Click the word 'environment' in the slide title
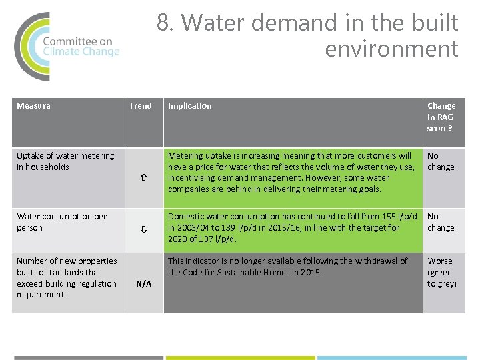pyautogui.click(x=391, y=49)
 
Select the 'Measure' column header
pyautogui.click(x=33, y=105)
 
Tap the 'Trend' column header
pyautogui.click(x=140, y=105)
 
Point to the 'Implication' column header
pyautogui.click(x=190, y=105)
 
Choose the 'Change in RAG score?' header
pyautogui.click(x=441, y=117)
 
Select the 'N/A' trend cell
pyautogui.click(x=143, y=283)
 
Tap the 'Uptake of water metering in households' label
pyautogui.click(x=65, y=161)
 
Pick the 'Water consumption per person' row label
pyautogui.click(x=61, y=222)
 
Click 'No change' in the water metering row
pyautogui.click(x=440, y=161)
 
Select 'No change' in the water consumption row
pyautogui.click(x=440, y=222)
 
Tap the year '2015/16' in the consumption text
pyautogui.click(x=275, y=227)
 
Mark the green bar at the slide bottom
pyautogui.click(x=239, y=357)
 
